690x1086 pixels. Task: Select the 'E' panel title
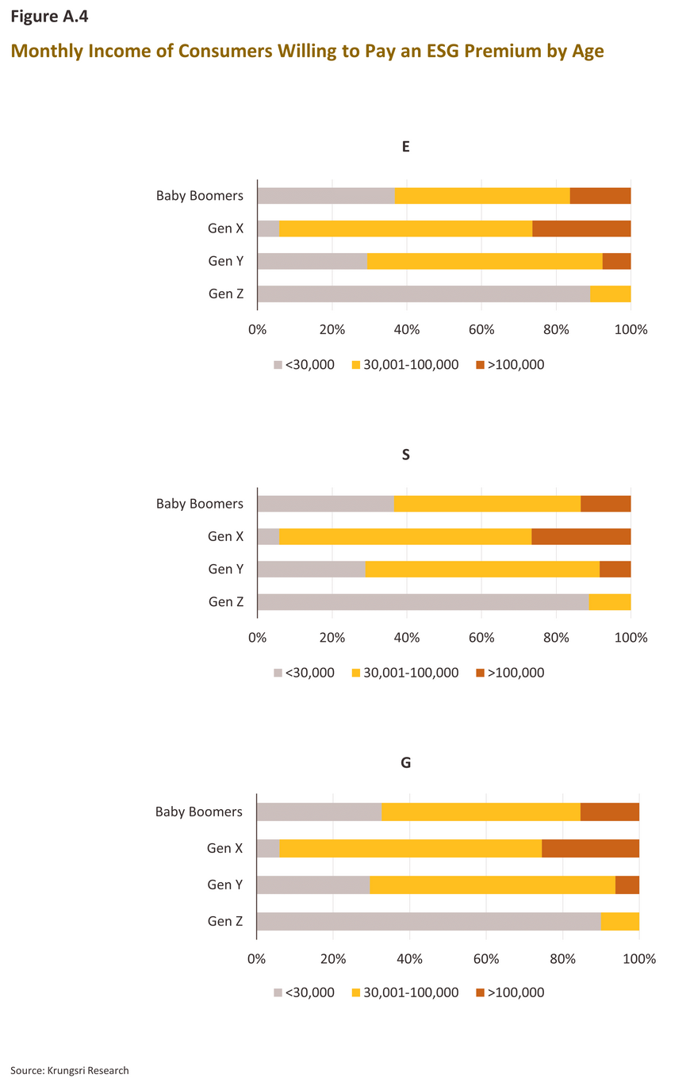tap(406, 147)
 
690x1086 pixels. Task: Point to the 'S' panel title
tap(406, 455)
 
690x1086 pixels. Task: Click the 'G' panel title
tap(406, 763)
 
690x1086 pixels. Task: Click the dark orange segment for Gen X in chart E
tap(581, 228)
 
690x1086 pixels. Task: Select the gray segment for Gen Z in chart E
tap(424, 294)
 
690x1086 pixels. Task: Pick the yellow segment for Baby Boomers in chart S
tap(487, 504)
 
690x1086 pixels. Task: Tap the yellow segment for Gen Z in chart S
tap(610, 601)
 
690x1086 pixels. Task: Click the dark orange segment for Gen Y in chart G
tap(627, 885)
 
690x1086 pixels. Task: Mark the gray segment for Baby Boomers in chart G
tap(320, 812)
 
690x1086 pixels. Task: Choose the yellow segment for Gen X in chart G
tap(410, 848)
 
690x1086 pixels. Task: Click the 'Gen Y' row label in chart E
tap(226, 261)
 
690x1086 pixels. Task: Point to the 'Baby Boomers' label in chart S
tap(200, 504)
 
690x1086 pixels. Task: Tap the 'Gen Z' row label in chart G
tap(226, 921)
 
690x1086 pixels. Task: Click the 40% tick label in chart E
tap(406, 328)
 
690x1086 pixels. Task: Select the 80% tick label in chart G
tap(562, 958)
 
